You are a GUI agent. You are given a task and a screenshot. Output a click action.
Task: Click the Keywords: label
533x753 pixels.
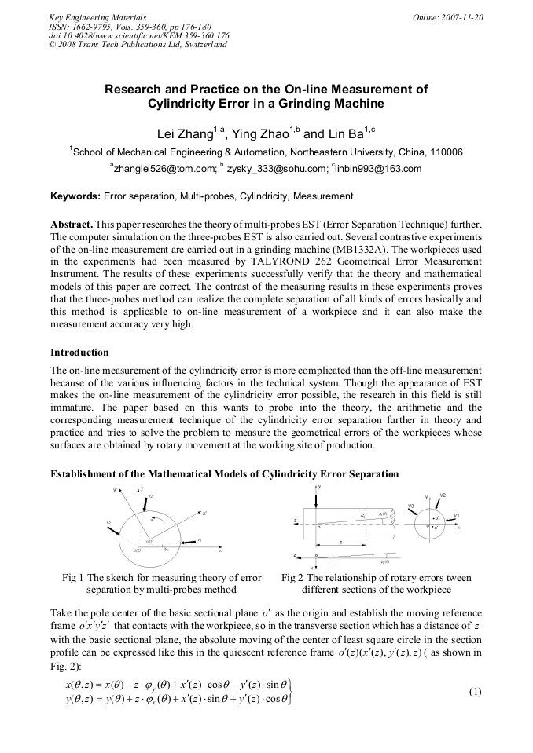point(75,196)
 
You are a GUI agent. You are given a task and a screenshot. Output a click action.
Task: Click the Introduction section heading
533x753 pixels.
point(79,352)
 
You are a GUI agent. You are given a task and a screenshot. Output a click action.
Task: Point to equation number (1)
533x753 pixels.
point(474,692)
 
